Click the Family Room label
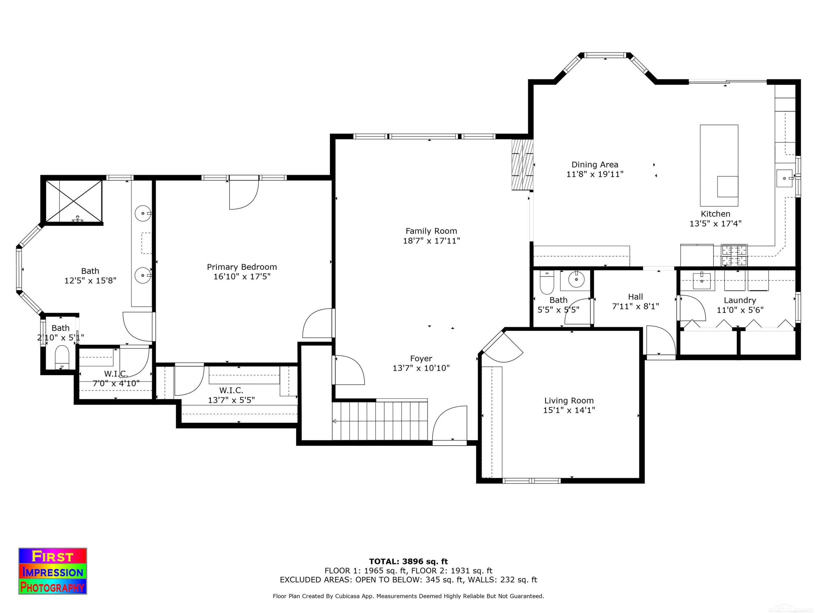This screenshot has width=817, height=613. click(x=431, y=231)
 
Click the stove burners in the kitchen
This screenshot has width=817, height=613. click(x=734, y=255)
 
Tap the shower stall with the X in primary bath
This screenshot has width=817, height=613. click(x=74, y=201)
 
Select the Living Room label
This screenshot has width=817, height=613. click(x=569, y=400)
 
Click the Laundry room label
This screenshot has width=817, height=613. click(x=740, y=301)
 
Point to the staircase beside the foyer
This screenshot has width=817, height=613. click(x=380, y=421)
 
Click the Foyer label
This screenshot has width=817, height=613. click(x=421, y=359)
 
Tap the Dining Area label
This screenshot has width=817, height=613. click(x=595, y=165)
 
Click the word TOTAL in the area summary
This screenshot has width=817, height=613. click(x=384, y=562)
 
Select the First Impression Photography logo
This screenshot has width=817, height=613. click(x=53, y=571)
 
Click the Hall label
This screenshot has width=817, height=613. click(x=635, y=297)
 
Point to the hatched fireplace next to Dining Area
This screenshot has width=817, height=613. click(x=522, y=165)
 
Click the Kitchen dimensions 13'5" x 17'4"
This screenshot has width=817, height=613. click(x=715, y=224)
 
